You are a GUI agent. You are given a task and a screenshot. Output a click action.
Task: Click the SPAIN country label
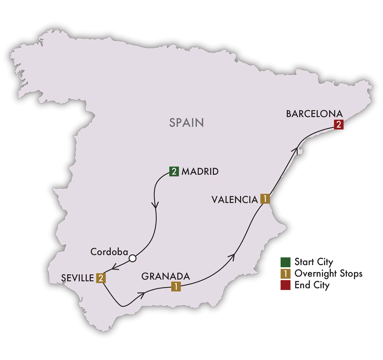(x=186, y=123)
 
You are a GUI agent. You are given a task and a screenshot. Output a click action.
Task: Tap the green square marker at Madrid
(x=174, y=171)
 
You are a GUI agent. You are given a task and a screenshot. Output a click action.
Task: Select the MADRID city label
(x=200, y=171)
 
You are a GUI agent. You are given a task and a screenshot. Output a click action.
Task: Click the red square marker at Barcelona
(x=338, y=124)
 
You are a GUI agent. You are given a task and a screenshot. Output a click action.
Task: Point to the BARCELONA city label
(x=314, y=114)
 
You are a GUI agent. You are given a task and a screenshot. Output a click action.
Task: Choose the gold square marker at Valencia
(x=265, y=199)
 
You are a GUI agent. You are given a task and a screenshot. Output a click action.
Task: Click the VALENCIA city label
(x=235, y=200)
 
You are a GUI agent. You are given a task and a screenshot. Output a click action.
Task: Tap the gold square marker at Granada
(x=176, y=286)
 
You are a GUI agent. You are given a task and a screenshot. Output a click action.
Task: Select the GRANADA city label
(x=165, y=276)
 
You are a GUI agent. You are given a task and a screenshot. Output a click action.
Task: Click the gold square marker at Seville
(x=101, y=278)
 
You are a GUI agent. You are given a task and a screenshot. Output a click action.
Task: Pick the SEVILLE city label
(x=77, y=278)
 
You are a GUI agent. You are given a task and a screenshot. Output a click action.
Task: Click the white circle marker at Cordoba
(x=132, y=258)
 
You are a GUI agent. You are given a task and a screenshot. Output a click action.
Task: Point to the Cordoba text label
(x=109, y=252)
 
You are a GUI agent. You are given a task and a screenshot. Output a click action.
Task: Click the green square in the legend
(x=285, y=262)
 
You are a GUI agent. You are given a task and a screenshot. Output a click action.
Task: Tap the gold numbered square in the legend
(x=285, y=274)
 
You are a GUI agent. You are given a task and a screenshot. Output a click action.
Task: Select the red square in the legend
(x=285, y=285)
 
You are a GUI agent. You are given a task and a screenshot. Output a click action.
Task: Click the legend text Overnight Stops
(x=328, y=274)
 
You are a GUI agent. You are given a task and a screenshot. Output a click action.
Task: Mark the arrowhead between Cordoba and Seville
(x=114, y=267)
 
